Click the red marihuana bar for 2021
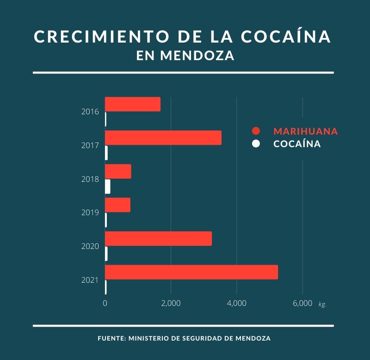pyautogui.click(x=191, y=272)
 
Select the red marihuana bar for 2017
pyautogui.click(x=163, y=138)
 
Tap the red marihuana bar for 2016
pyautogui.click(x=133, y=104)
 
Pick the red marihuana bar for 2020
pyautogui.click(x=158, y=238)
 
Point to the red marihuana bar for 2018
pyautogui.click(x=118, y=171)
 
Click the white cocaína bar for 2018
pyautogui.click(x=108, y=186)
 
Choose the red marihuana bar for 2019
pyautogui.click(x=117, y=205)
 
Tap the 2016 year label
pyautogui.click(x=90, y=112)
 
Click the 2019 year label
pyautogui.click(x=90, y=213)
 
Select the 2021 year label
pyautogui.click(x=90, y=280)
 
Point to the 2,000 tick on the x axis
pyautogui.click(x=171, y=304)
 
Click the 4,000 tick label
pyautogui.click(x=236, y=304)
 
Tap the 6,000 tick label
pyautogui.click(x=302, y=304)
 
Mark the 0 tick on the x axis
pyautogui.click(x=105, y=304)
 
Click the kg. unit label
pyautogui.click(x=322, y=304)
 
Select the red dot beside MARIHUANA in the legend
pyautogui.click(x=256, y=131)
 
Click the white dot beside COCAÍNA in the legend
pyautogui.click(x=256, y=144)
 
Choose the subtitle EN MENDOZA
pyautogui.click(x=185, y=56)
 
